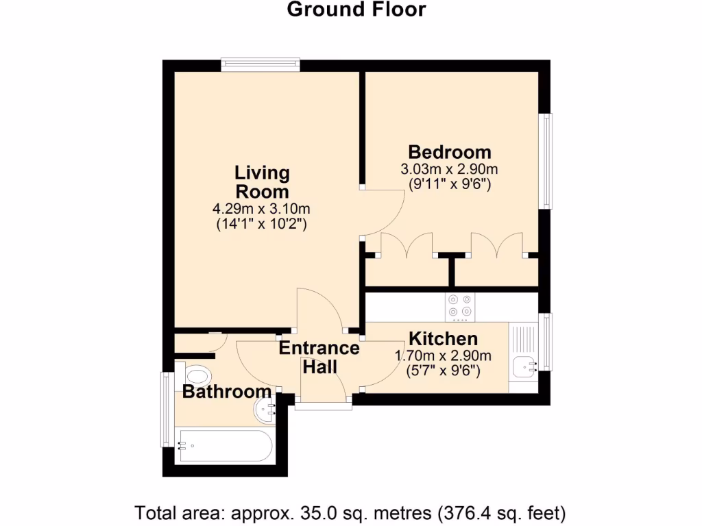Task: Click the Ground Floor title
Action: [x=356, y=10]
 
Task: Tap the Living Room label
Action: [x=263, y=182]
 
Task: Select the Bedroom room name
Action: [x=450, y=153]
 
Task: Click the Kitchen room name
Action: [x=444, y=338]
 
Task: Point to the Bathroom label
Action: [x=226, y=392]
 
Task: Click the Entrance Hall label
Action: [x=319, y=358]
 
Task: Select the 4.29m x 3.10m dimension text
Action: [x=261, y=209]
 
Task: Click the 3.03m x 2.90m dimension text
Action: [x=449, y=170]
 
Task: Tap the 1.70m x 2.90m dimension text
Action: [x=443, y=356]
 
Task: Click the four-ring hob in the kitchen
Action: [x=460, y=307]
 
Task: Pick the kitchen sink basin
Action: [x=524, y=367]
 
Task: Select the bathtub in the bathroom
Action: [x=226, y=446]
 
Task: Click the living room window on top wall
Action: [x=261, y=65]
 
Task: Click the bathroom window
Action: [x=167, y=410]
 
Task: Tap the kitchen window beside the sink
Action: [x=546, y=342]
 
